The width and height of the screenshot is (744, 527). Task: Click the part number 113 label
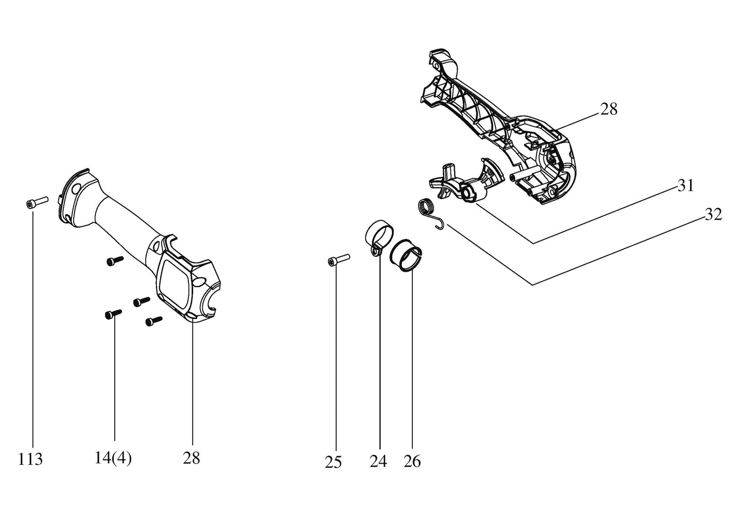[30, 459]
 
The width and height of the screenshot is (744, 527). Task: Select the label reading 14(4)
[113, 458]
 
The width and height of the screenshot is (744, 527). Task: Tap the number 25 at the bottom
[333, 462]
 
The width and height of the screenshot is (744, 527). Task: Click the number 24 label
[378, 461]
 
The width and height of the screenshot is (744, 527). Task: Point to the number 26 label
[412, 461]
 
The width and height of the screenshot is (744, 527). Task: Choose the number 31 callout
[686, 185]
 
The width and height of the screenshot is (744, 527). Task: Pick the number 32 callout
[714, 214]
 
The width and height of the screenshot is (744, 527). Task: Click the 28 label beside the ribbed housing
[609, 109]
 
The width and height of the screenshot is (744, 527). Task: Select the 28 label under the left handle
[192, 458]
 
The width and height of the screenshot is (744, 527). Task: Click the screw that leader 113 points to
[37, 202]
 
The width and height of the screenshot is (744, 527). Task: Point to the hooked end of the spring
[441, 224]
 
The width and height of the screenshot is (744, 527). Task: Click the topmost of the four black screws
[115, 261]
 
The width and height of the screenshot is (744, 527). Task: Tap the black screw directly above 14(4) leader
[113, 314]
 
